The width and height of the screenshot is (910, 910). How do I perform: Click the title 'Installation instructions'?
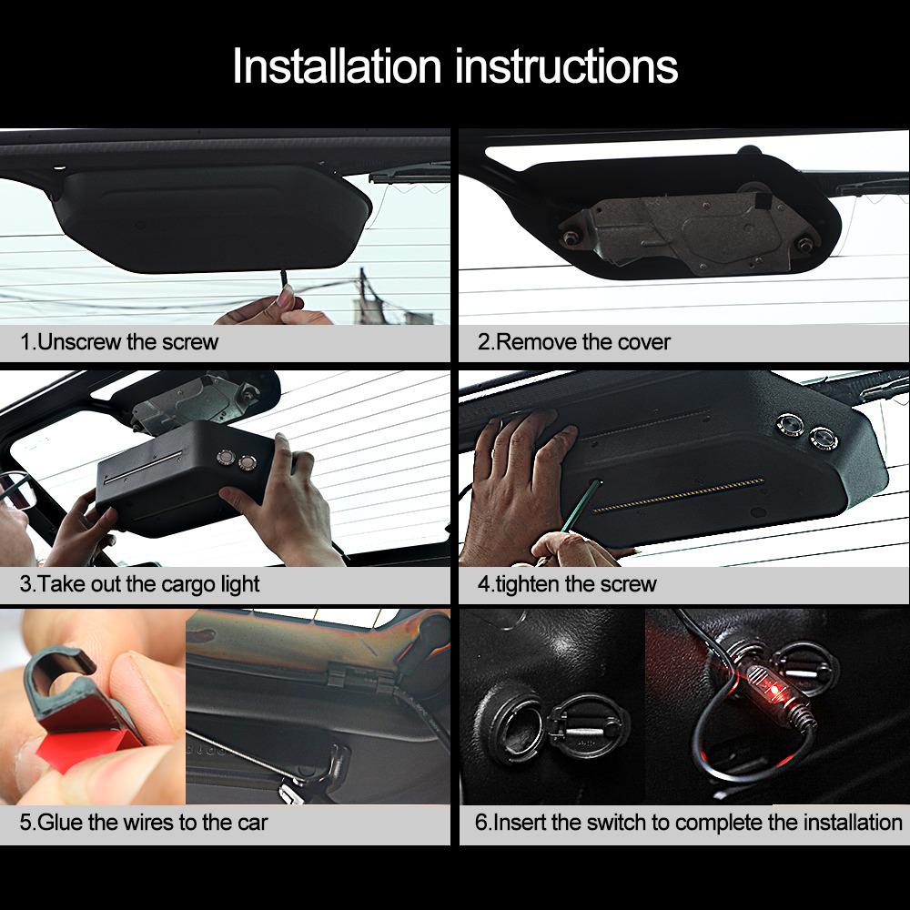(455, 67)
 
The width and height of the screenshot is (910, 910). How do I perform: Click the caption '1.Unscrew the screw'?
(119, 342)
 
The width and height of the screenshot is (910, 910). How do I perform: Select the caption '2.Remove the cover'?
(574, 342)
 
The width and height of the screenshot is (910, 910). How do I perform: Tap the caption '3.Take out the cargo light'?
(139, 583)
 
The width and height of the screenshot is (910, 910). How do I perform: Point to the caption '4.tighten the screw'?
(567, 583)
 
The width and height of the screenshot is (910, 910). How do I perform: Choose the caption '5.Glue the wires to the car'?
(144, 823)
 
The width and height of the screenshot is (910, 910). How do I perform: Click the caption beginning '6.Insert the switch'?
(688, 823)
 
